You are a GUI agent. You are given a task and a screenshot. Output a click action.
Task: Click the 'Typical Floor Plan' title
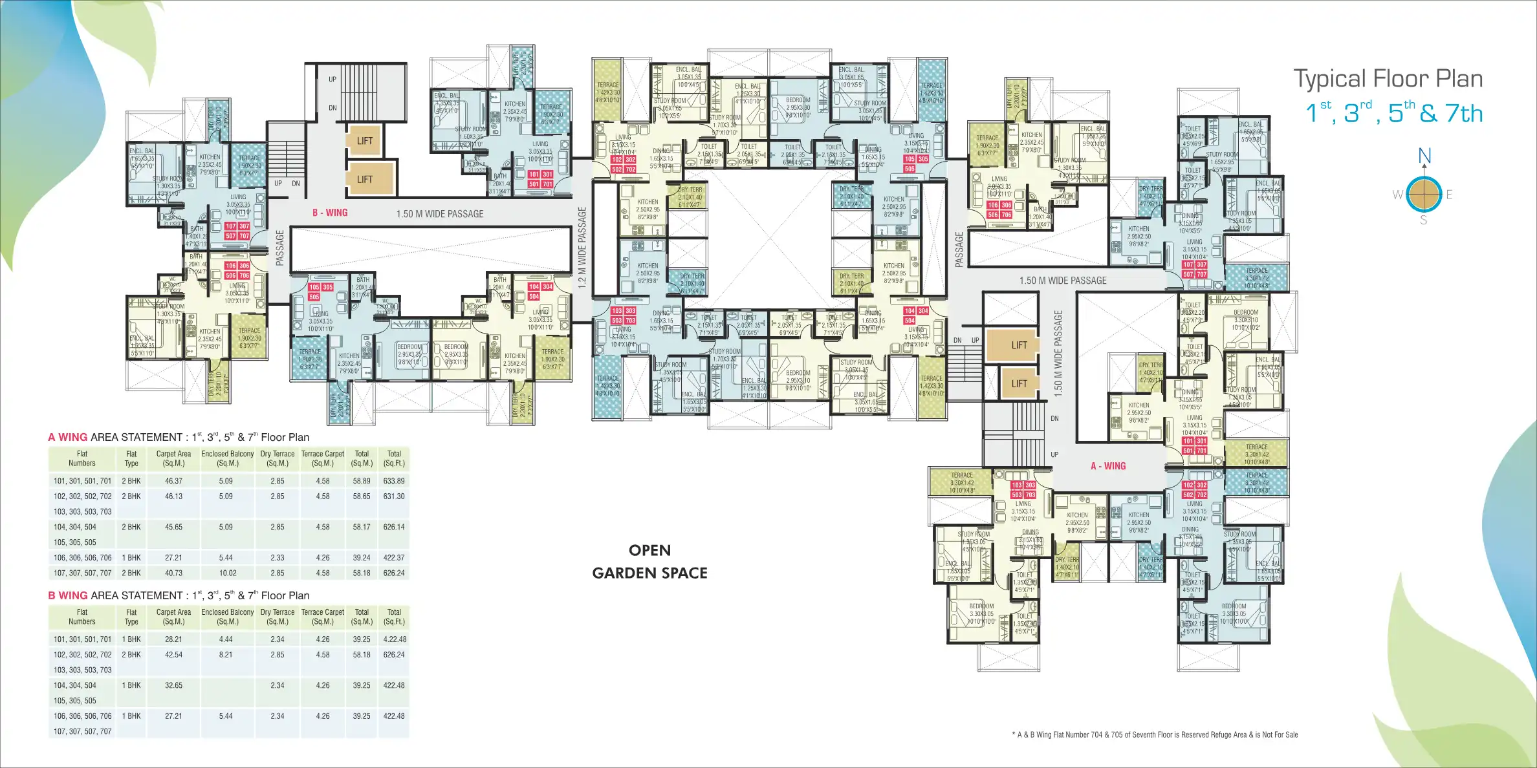[1388, 79]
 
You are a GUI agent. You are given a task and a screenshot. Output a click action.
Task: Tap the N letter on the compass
[1424, 156]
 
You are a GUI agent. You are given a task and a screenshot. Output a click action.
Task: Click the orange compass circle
[1424, 193]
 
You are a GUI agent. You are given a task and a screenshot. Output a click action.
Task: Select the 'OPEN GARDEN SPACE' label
[649, 561]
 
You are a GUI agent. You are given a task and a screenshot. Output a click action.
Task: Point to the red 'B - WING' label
[330, 213]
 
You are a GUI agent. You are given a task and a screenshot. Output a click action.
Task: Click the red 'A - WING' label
[1108, 466]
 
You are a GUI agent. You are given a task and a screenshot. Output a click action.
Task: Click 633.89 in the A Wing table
[393, 481]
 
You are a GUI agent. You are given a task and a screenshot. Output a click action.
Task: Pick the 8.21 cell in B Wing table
[226, 654]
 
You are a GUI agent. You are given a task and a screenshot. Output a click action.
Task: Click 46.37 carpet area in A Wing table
[173, 481]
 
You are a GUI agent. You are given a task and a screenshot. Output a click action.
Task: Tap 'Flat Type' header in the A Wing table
[131, 458]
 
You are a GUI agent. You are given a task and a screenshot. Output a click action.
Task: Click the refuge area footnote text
[1154, 734]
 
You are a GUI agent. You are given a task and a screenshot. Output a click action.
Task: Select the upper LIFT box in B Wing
[365, 141]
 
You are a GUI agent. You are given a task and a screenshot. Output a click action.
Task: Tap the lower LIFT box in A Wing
[1019, 383]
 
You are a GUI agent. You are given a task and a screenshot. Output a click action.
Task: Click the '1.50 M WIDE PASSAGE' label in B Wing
[440, 214]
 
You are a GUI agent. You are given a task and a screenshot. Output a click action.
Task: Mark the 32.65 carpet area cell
[173, 685]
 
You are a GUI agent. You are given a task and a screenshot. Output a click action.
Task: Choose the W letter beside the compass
[1397, 194]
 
